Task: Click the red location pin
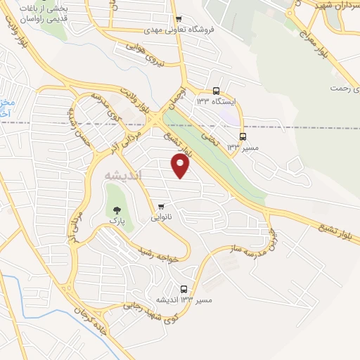[x=181, y=166]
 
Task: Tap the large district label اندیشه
[x=122, y=175]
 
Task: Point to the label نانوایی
[x=162, y=218]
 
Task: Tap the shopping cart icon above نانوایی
[x=162, y=207]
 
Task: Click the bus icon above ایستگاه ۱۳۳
[x=217, y=91]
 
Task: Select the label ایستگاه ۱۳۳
[x=217, y=102]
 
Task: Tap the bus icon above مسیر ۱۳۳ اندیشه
[x=184, y=289]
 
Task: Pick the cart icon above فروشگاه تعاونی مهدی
[x=179, y=19]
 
